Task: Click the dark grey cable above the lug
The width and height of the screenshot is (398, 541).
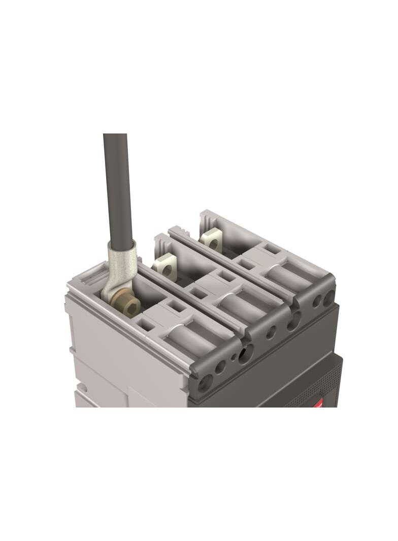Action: [x=117, y=188]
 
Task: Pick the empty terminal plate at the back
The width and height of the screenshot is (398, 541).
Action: [x=211, y=241]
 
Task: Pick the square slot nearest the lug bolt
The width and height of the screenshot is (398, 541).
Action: [x=147, y=325]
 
